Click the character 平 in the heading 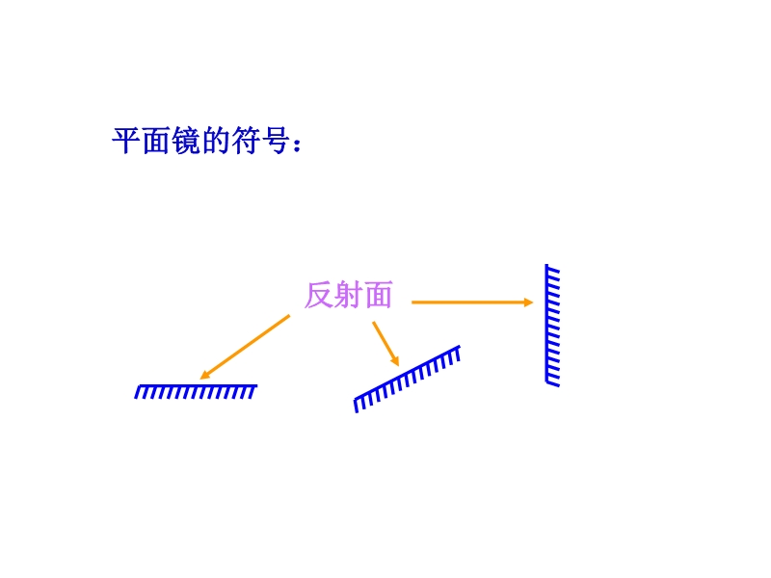pos(127,141)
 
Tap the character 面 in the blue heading pos(157,141)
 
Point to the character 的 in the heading pos(216,141)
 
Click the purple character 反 pos(319,295)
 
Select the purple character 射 pos(348,295)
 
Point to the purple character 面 pos(378,295)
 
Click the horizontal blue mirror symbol pos(196,392)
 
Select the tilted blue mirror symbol pos(407,380)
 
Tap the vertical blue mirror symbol pos(552,326)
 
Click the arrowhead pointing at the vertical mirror pos(529,302)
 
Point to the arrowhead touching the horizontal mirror pos(204,375)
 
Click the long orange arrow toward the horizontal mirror pos(245,348)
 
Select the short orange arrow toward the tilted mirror pos(385,344)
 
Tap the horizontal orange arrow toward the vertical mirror pos(472,302)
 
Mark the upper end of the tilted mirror pos(460,347)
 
